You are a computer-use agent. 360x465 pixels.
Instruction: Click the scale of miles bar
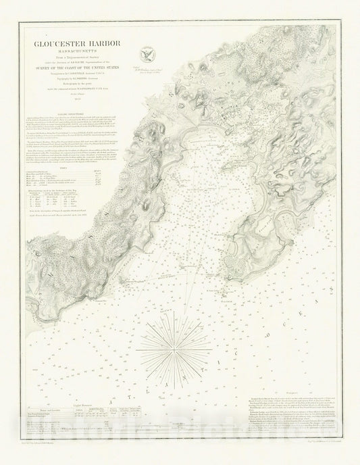tap(177, 424)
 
